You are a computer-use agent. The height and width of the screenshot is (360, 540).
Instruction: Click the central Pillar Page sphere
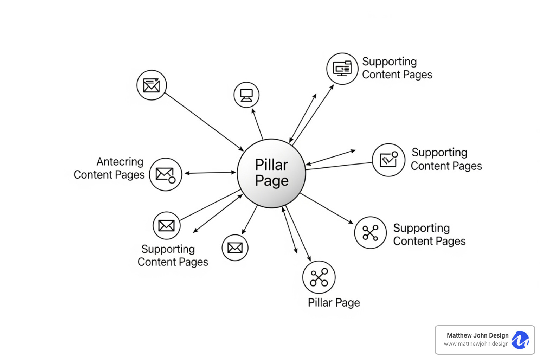pyautogui.click(x=271, y=173)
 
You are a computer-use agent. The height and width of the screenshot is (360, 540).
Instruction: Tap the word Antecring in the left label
pyautogui.click(x=120, y=162)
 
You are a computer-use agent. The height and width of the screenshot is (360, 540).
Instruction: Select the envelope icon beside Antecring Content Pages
pyautogui.click(x=165, y=174)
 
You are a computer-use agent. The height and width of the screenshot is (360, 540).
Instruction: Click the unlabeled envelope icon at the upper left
pyautogui.click(x=152, y=85)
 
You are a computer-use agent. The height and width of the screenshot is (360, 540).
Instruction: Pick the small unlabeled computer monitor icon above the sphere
pyautogui.click(x=246, y=95)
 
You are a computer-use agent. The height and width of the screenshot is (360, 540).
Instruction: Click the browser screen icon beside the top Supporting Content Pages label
pyautogui.click(x=342, y=69)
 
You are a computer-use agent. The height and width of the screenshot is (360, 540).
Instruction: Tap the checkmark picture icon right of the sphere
pyautogui.click(x=388, y=160)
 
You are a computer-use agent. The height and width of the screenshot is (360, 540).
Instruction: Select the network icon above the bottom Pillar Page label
pyautogui.click(x=319, y=277)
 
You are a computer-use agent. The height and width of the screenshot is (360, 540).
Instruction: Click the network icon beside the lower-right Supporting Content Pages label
pyautogui.click(x=370, y=233)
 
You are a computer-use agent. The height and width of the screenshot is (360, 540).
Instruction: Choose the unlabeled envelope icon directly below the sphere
pyautogui.click(x=235, y=247)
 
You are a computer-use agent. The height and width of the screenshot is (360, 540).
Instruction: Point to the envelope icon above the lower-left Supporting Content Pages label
pyautogui.click(x=166, y=225)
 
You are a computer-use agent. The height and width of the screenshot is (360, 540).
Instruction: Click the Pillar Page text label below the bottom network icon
pyautogui.click(x=334, y=303)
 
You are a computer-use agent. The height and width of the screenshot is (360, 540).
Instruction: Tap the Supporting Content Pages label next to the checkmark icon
pyautogui.click(x=446, y=159)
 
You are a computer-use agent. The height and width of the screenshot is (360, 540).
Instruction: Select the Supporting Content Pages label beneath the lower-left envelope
pyautogui.click(x=173, y=256)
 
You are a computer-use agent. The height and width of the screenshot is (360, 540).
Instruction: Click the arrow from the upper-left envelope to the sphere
pyautogui.click(x=204, y=122)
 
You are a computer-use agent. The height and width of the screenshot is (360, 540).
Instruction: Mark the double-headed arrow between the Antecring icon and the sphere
pyautogui.click(x=210, y=173)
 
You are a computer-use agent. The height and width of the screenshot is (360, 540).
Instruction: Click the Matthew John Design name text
pyautogui.click(x=477, y=335)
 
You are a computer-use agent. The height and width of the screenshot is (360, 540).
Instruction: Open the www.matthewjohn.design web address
pyautogui.click(x=476, y=344)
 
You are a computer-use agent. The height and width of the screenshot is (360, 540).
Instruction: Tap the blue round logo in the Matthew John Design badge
pyautogui.click(x=520, y=340)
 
